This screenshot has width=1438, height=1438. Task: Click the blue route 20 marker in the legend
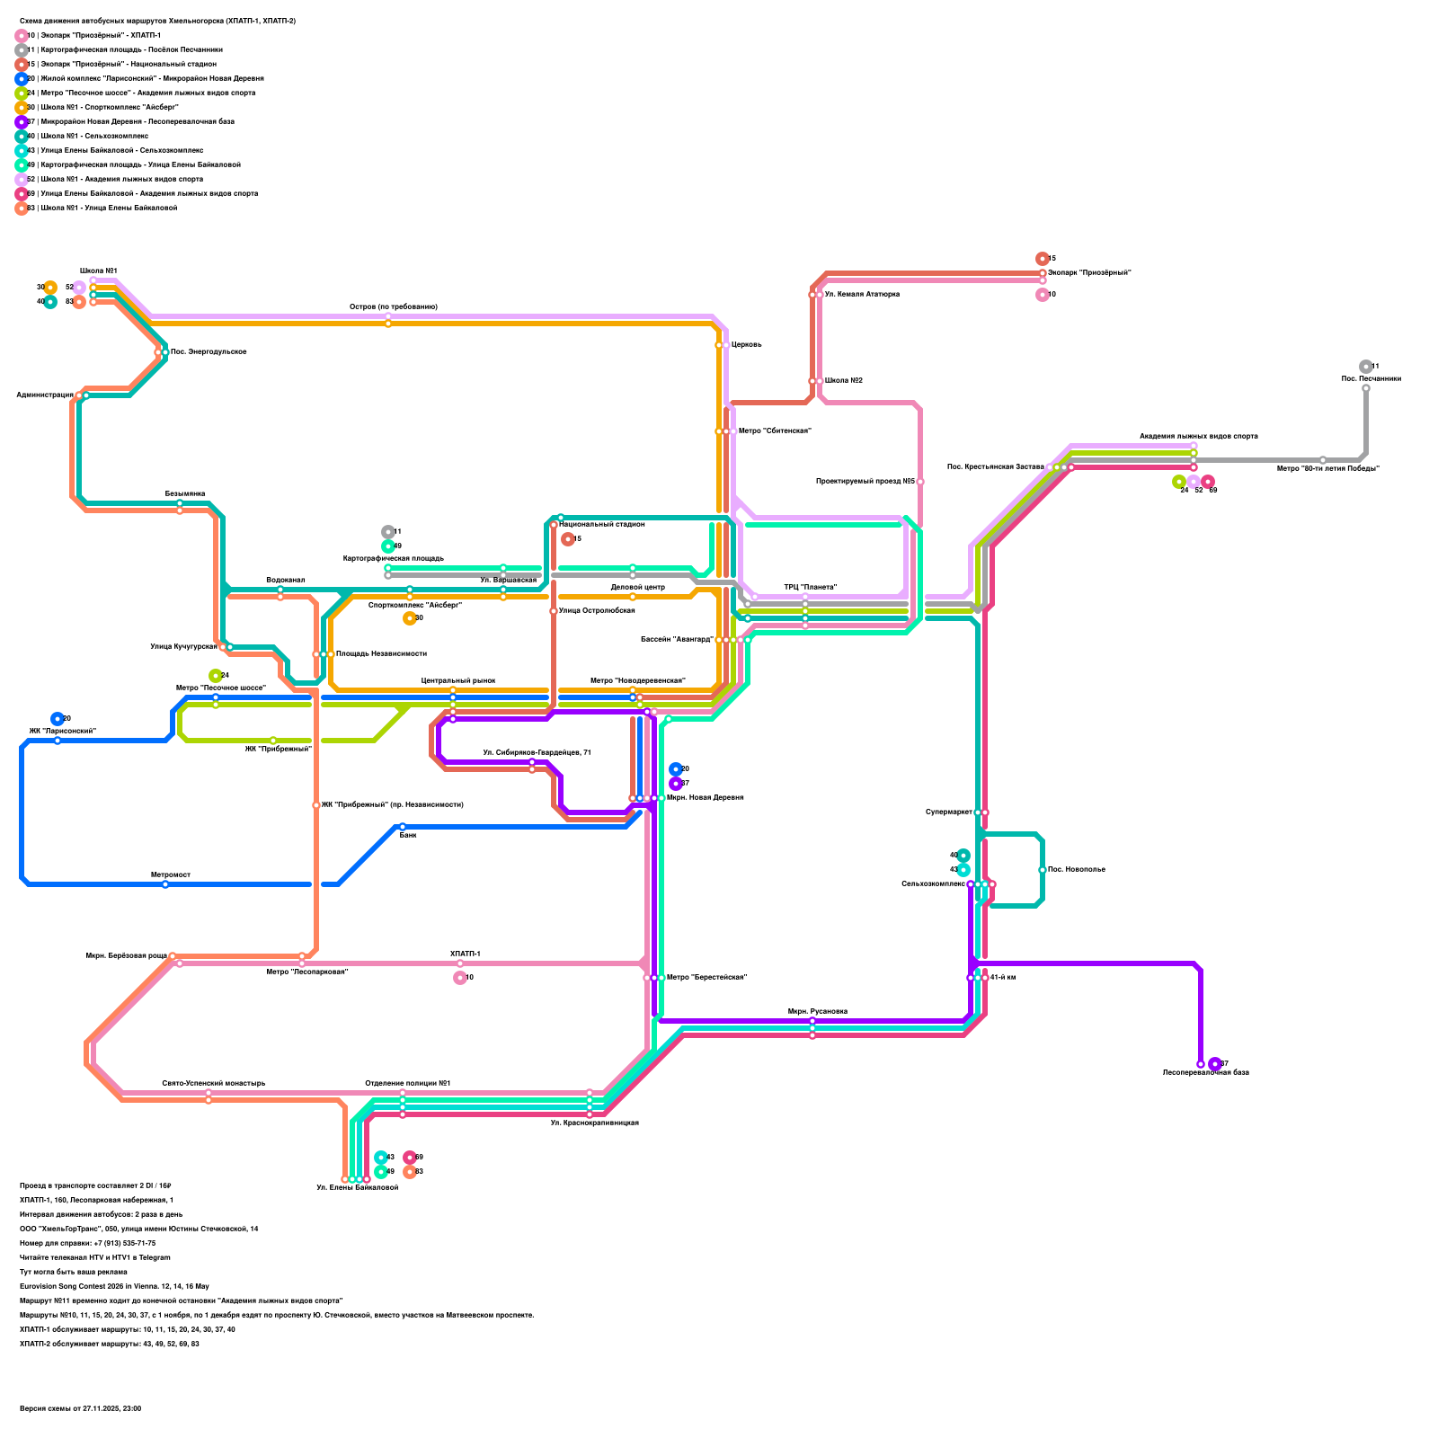[22, 79]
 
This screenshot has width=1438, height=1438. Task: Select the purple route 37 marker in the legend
[22, 122]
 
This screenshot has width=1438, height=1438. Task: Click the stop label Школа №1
[98, 271]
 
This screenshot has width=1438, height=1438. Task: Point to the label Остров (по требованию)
[394, 307]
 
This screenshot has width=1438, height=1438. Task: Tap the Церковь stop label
[747, 345]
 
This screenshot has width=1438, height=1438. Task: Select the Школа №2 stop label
[844, 381]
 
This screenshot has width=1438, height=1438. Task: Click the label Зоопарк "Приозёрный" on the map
[1089, 273]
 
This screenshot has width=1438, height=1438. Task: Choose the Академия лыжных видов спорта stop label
[1199, 437]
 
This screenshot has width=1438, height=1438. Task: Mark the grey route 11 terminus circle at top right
[1366, 367]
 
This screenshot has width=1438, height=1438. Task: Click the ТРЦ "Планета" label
[811, 588]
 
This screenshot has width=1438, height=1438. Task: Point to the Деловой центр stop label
[637, 588]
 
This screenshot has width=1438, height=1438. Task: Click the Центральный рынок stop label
[458, 681]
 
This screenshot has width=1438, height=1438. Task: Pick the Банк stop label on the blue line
[408, 836]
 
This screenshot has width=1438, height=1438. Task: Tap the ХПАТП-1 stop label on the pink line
[466, 954]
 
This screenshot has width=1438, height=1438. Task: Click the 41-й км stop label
[1003, 978]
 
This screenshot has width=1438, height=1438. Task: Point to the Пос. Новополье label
[1077, 870]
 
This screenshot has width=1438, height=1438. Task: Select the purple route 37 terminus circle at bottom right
[1215, 1064]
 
